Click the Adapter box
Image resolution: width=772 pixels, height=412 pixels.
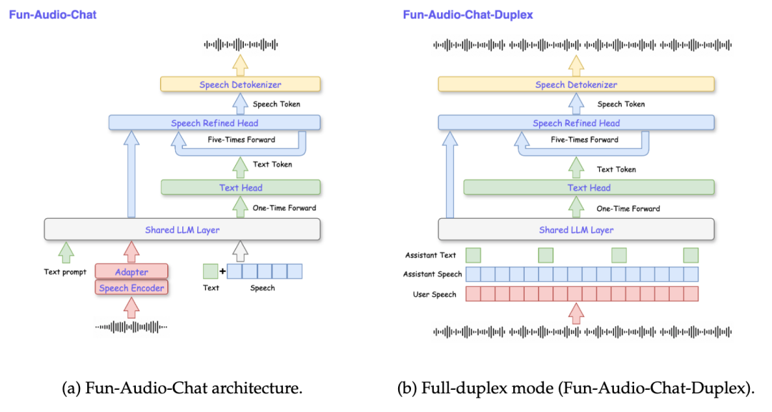pos(132,272)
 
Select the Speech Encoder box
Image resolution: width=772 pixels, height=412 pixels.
pos(132,288)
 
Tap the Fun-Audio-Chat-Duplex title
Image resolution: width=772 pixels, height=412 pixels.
pos(467,14)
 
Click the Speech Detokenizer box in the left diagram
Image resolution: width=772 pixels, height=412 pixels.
pos(240,85)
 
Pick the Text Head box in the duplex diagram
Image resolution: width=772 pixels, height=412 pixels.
pos(588,187)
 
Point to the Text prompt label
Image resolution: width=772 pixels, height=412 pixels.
pos(65,272)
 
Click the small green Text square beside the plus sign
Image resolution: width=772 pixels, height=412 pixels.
pos(210,271)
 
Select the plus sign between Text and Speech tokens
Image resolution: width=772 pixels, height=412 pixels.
pos(222,272)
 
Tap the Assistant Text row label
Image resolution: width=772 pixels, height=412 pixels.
pos(430,255)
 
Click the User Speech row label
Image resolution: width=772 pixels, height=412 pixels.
pos(434,294)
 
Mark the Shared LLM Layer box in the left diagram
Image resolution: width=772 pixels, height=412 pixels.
pos(182,230)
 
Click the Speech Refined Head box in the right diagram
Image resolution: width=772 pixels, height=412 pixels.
pos(576,123)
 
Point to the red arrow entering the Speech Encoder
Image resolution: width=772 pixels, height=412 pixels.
pos(132,307)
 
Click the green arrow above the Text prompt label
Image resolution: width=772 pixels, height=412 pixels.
pos(66,252)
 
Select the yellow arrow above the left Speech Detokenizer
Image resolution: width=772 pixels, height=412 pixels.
pos(240,64)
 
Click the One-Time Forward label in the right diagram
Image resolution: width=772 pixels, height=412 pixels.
pos(628,208)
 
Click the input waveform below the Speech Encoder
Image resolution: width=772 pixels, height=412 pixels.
pos(132,327)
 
